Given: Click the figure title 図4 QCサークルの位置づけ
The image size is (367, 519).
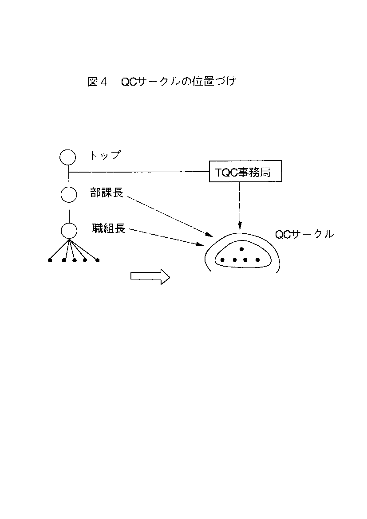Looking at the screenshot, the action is click(162, 82).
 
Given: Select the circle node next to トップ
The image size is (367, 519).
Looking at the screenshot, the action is click(67, 157).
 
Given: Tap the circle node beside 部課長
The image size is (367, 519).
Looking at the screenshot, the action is click(69, 195).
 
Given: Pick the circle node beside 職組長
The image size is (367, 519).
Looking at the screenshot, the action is click(69, 231).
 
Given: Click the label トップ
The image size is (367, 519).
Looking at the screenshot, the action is click(105, 155).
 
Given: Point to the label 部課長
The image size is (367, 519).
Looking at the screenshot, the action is click(107, 193).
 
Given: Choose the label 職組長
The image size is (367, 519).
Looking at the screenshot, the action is click(109, 228).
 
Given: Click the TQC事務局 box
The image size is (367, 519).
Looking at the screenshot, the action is click(245, 172).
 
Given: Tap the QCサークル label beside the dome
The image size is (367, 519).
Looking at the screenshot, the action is click(304, 234).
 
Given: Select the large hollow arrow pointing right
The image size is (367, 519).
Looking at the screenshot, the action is click(150, 276).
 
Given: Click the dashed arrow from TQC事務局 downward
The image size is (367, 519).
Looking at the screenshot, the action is click(240, 205).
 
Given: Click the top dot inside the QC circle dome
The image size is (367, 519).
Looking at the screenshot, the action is click(242, 249).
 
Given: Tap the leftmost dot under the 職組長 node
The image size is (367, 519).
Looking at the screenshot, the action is click(50, 260).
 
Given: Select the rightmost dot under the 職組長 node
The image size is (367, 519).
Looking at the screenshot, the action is click(97, 260).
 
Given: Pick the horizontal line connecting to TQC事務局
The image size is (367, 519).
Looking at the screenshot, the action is click(139, 172).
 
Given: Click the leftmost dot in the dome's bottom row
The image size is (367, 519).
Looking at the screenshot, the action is click(223, 260).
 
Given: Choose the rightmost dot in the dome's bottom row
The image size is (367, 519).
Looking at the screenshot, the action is click(257, 260).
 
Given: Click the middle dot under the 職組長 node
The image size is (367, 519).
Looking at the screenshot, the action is click(75, 260).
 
